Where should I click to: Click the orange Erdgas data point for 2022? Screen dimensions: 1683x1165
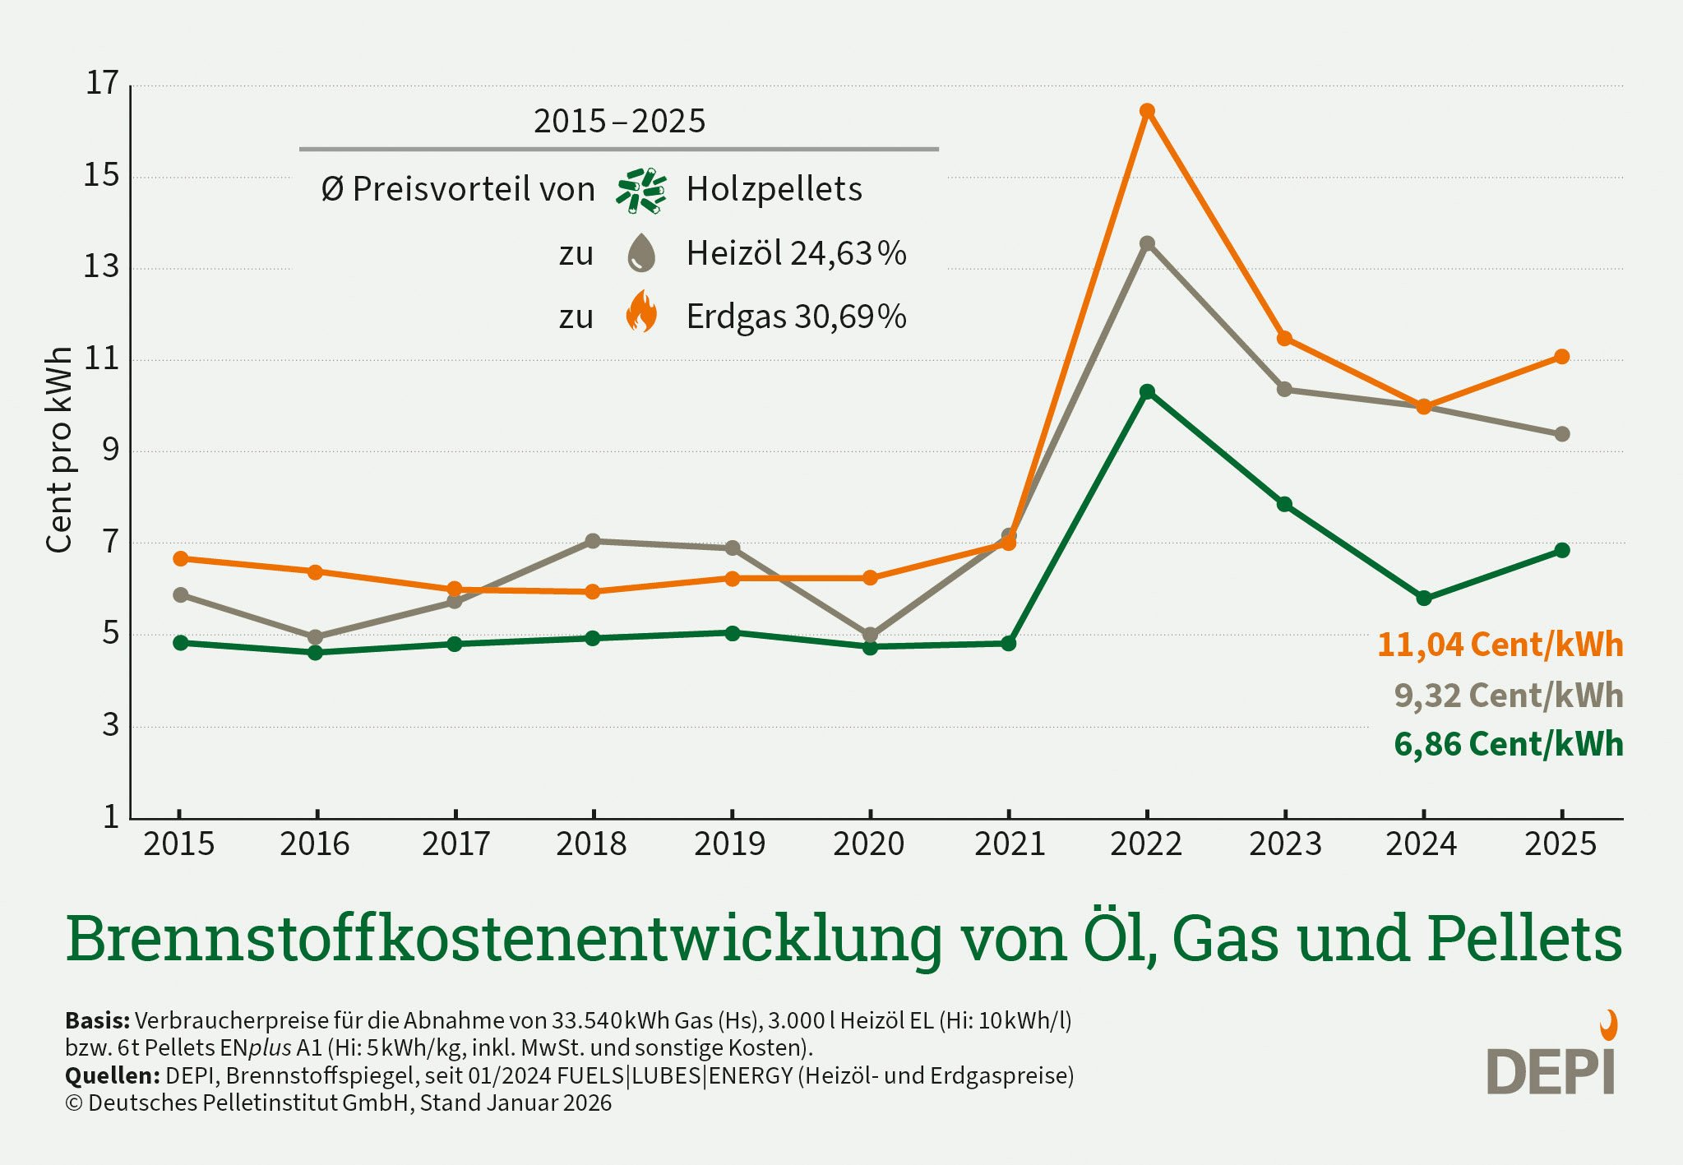pyautogui.click(x=1147, y=111)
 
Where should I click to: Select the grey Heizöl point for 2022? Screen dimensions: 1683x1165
pyautogui.click(x=1147, y=243)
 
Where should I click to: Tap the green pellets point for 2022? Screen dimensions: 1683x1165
pyautogui.click(x=1147, y=391)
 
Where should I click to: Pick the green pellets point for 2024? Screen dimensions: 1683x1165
pyautogui.click(x=1424, y=598)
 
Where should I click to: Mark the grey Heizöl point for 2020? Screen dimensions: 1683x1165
pyautogui.click(x=870, y=635)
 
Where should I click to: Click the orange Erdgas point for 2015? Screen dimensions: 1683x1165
pyautogui.click(x=181, y=559)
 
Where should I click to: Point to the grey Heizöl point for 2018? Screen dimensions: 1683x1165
pyautogui.click(x=593, y=541)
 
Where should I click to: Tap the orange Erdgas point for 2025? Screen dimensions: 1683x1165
pyautogui.click(x=1562, y=357)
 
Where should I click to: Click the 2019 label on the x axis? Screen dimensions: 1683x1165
pyautogui.click(x=729, y=844)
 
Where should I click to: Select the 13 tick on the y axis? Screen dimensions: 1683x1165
pyautogui.click(x=101, y=267)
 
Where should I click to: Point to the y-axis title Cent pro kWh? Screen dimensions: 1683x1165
pyautogui.click(x=59, y=450)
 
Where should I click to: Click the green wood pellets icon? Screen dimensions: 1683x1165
pyautogui.click(x=641, y=191)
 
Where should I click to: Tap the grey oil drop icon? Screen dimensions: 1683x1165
pyautogui.click(x=641, y=252)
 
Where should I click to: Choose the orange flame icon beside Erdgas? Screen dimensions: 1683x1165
pyautogui.click(x=641, y=312)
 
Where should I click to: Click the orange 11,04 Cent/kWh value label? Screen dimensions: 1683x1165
pyautogui.click(x=1500, y=645)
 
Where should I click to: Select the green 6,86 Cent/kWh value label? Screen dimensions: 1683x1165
pyautogui.click(x=1509, y=745)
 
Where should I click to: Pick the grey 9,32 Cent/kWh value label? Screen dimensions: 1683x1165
pyautogui.click(x=1509, y=696)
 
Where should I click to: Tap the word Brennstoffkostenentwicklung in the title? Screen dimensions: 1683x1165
pyautogui.click(x=504, y=939)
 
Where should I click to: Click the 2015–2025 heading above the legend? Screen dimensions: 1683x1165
pyautogui.click(x=619, y=122)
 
